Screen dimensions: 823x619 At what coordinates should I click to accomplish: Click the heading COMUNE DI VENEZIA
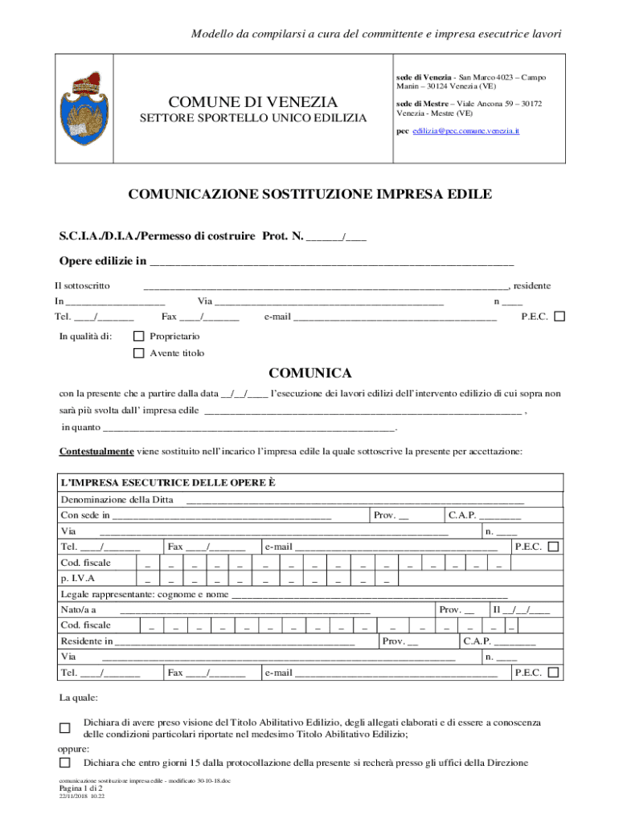pyautogui.click(x=253, y=102)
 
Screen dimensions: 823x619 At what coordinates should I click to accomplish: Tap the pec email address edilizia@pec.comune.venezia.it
pyautogui.click(x=466, y=130)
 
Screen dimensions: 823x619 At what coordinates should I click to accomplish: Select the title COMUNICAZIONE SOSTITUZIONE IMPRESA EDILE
pyautogui.click(x=309, y=195)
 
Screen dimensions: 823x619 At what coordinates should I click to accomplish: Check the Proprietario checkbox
pyautogui.click(x=139, y=336)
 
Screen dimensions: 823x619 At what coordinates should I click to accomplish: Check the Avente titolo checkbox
pyautogui.click(x=139, y=354)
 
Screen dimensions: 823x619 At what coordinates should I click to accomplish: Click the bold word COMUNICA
pyautogui.click(x=309, y=374)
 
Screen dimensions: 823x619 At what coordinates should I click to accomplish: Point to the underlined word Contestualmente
pyautogui.click(x=96, y=452)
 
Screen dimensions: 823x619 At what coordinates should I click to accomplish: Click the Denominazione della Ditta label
pyautogui.click(x=117, y=500)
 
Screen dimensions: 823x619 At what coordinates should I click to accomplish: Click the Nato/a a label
pyautogui.click(x=79, y=610)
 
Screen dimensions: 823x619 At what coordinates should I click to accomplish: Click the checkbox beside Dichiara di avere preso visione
pyautogui.click(x=66, y=728)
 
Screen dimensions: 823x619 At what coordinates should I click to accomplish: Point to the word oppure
pyautogui.click(x=74, y=748)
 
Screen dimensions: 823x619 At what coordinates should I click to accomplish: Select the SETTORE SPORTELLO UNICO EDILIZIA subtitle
pyautogui.click(x=253, y=119)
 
